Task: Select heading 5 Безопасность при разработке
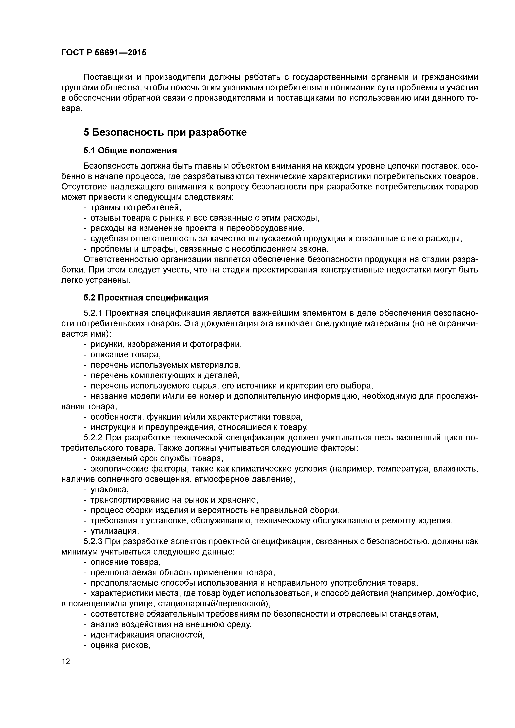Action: (x=165, y=132)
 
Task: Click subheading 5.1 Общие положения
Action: (x=130, y=150)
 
